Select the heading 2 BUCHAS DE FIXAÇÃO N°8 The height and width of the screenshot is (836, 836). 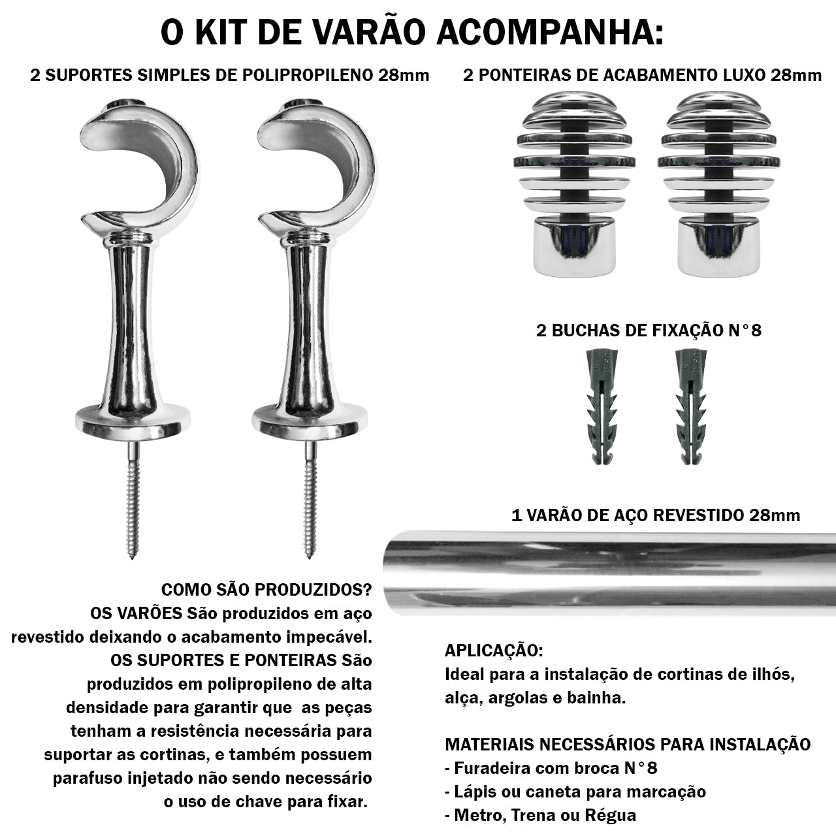pos(649,330)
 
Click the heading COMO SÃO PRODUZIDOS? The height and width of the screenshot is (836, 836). pos(266,590)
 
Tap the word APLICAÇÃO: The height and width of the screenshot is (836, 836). pos(493,651)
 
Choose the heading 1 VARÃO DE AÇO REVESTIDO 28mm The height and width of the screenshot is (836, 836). pos(655,515)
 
